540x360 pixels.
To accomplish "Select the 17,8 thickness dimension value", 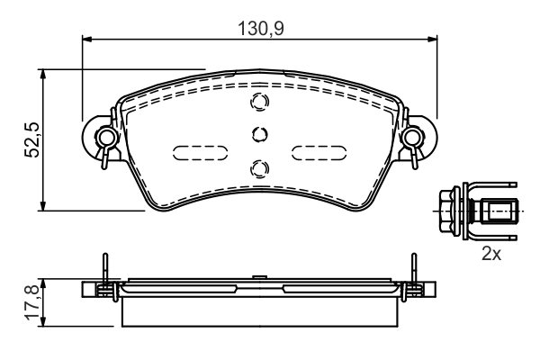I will point(31,301).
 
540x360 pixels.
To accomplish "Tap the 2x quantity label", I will point(490,255).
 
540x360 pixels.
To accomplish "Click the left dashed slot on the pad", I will point(199,151).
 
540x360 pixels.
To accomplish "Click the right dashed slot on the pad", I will point(319,151).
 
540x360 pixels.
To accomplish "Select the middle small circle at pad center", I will point(259,134).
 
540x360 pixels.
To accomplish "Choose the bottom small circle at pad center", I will point(259,166).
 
